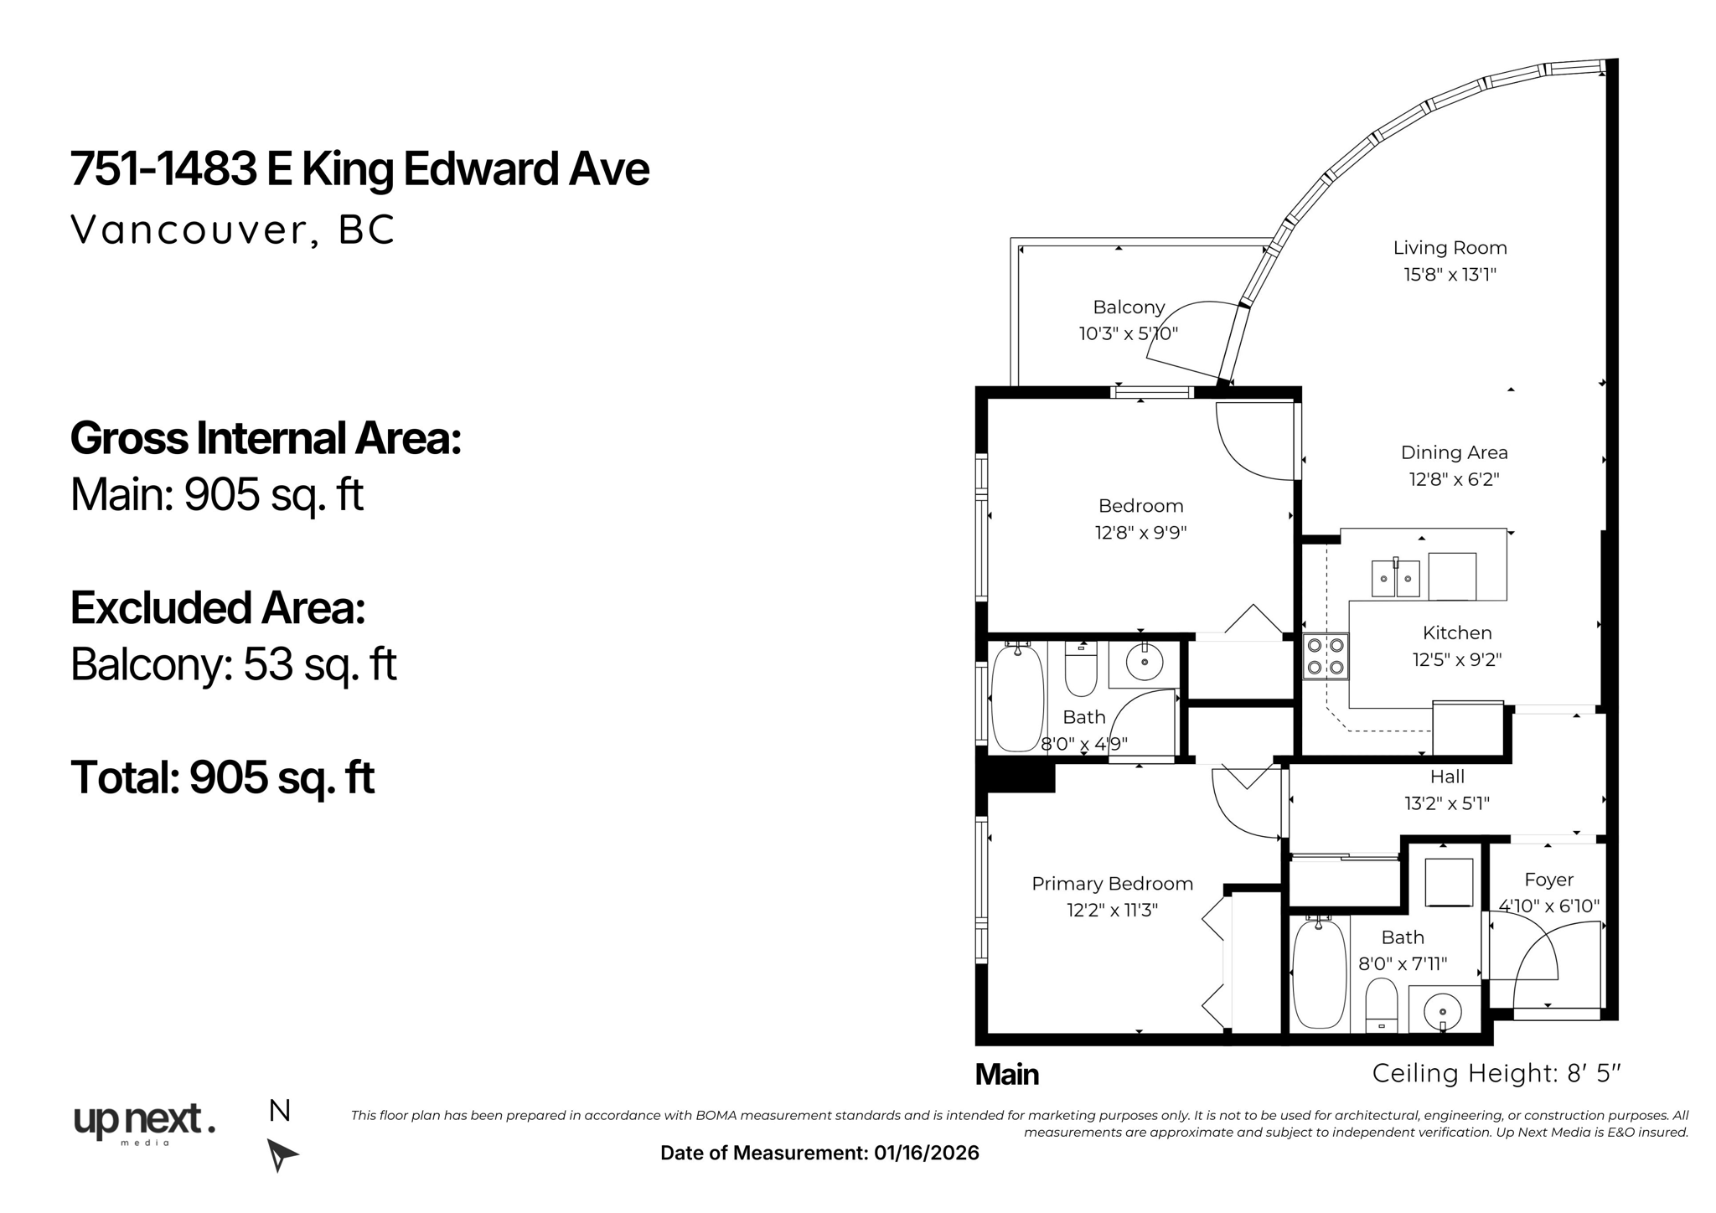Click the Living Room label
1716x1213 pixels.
tap(1450, 248)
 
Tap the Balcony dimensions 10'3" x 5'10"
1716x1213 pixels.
tap(1128, 334)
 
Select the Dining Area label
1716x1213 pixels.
tap(1454, 453)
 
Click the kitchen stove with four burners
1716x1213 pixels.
tap(1326, 656)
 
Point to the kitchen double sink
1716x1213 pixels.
tap(1395, 578)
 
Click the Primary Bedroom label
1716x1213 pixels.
tap(1112, 884)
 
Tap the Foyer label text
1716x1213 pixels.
tap(1548, 880)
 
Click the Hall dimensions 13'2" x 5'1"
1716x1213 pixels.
tap(1447, 803)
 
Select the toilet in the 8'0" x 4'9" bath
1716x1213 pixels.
tap(1081, 670)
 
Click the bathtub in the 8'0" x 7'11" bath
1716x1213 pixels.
tap(1319, 973)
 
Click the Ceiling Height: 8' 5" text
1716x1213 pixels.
tap(1496, 1074)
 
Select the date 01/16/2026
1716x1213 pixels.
tap(926, 1154)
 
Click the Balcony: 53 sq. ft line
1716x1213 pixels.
tap(233, 664)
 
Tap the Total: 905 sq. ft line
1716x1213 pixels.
tap(222, 777)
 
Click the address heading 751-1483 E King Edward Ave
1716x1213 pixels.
tap(359, 169)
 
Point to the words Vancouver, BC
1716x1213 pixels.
tap(232, 230)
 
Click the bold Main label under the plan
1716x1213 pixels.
tap(1006, 1075)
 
